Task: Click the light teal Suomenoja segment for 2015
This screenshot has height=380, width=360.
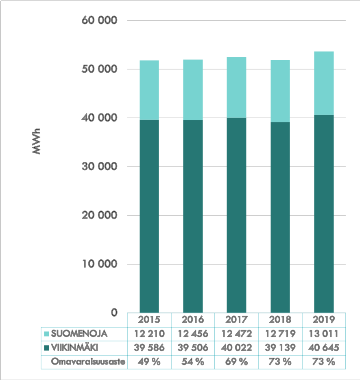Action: [x=149, y=90]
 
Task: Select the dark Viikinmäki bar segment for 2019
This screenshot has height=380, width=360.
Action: [x=324, y=213]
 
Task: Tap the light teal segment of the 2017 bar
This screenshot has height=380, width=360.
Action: [x=236, y=87]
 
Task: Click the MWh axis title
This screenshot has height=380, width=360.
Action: [x=37, y=142]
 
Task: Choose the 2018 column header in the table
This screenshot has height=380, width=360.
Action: [x=280, y=319]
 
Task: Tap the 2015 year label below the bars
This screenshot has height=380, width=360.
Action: [x=149, y=319]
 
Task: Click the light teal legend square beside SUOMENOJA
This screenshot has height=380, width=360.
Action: [x=46, y=334]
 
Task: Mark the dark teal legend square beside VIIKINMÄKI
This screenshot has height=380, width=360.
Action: [x=46, y=348]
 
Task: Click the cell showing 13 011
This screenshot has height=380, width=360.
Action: [x=324, y=334]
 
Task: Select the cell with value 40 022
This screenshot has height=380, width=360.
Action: [x=236, y=348]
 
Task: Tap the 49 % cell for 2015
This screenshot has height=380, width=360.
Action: [x=149, y=362]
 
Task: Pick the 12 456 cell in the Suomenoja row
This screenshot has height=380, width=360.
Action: [x=193, y=334]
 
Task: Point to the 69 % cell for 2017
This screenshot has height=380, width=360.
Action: [x=236, y=362]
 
